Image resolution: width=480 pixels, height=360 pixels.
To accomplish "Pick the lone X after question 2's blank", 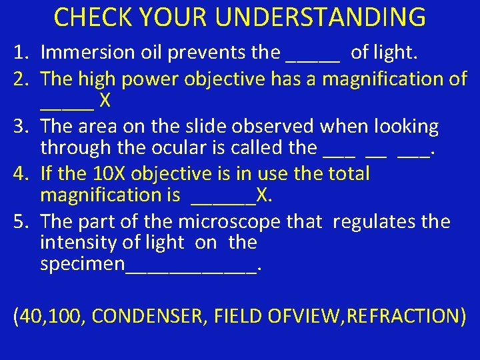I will [105, 101].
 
